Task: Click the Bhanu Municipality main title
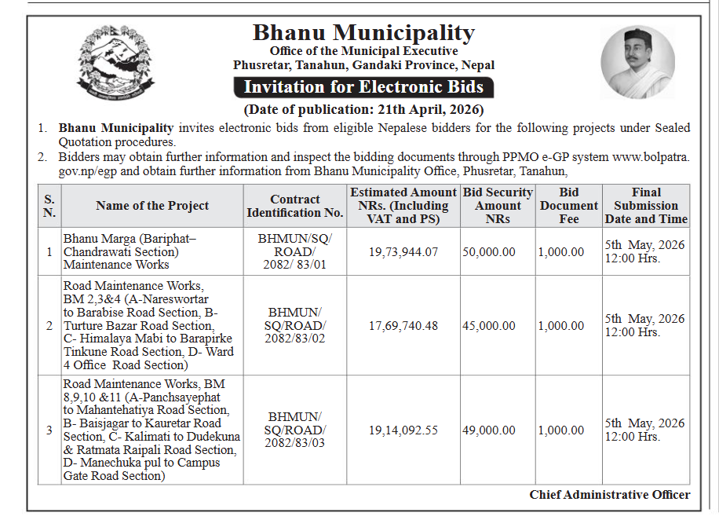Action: coord(363,33)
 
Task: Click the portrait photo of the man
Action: coord(637,62)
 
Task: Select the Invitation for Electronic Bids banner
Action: coord(363,86)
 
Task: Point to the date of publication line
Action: coord(363,109)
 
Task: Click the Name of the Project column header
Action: coord(152,206)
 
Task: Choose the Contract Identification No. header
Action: coord(295,206)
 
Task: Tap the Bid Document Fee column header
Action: coord(569,206)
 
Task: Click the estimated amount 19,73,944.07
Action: coord(403,252)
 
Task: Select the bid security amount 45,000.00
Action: coord(489,326)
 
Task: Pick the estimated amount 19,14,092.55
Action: coord(403,430)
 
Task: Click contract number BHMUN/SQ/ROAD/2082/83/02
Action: coord(295,326)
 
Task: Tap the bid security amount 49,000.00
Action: coord(489,430)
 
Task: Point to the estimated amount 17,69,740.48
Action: coord(403,326)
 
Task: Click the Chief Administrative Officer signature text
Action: coord(610,495)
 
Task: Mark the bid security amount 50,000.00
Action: coord(489,252)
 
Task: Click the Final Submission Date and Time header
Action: coord(646,206)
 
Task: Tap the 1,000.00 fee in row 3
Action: coord(561,430)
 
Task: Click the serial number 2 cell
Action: coord(49,326)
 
